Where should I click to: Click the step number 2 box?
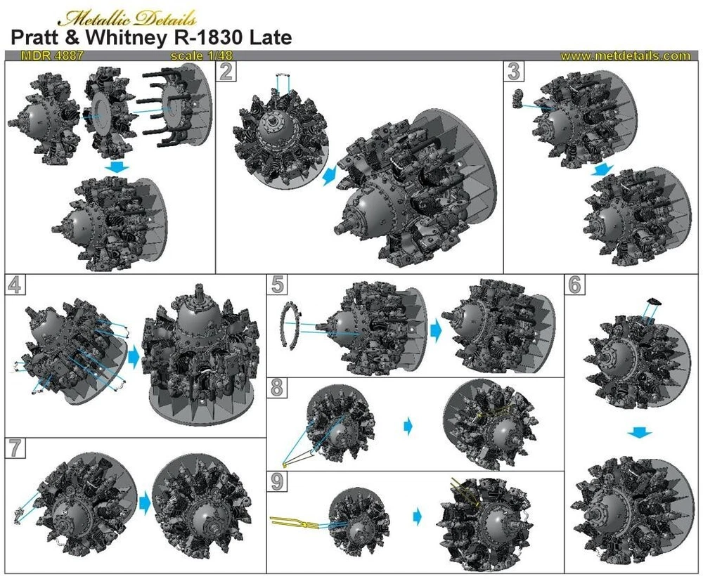(x=226, y=71)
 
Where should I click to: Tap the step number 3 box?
(x=514, y=71)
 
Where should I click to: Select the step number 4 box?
(x=15, y=285)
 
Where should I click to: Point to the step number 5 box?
(x=277, y=285)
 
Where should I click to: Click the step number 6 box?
(x=575, y=285)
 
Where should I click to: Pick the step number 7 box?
(x=15, y=448)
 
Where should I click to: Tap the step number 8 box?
(x=277, y=388)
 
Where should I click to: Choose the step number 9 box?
(x=277, y=482)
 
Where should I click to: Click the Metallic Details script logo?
(x=128, y=18)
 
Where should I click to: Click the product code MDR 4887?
(x=52, y=56)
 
